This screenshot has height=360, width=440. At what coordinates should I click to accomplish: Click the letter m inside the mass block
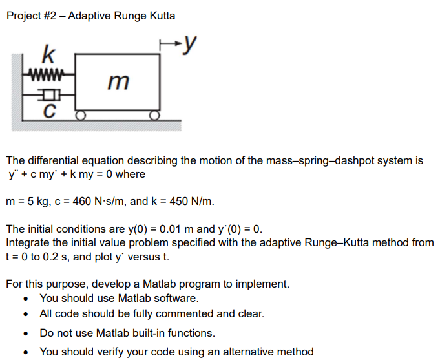pyautogui.click(x=119, y=82)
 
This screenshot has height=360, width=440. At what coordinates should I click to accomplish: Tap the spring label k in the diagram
pyautogui.click(x=47, y=52)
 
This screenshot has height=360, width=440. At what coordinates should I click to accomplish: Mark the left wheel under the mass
pyautogui.click(x=81, y=116)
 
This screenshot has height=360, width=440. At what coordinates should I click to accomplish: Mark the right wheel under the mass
pyautogui.click(x=154, y=116)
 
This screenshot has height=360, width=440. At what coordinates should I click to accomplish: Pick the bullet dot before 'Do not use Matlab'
pyautogui.click(x=26, y=334)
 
